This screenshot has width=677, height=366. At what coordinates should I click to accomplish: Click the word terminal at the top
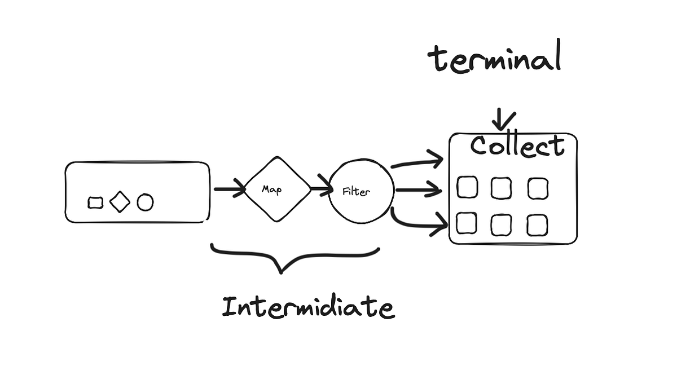(495, 58)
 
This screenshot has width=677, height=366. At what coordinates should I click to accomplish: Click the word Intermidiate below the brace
(307, 308)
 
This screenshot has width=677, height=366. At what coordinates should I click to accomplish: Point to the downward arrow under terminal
(503, 120)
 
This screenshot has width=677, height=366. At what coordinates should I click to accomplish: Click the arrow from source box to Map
(229, 189)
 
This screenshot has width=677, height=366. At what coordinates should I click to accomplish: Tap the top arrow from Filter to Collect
(417, 161)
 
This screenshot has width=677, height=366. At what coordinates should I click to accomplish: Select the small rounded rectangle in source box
(95, 202)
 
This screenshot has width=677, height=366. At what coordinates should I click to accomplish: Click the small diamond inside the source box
(120, 202)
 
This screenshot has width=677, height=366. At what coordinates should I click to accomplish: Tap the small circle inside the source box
(145, 202)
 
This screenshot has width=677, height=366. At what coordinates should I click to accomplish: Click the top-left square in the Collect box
(467, 187)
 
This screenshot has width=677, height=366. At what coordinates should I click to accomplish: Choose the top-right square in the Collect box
(538, 188)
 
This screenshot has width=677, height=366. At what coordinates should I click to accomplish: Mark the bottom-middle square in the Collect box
(501, 225)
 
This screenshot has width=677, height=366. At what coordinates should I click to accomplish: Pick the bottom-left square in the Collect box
(466, 223)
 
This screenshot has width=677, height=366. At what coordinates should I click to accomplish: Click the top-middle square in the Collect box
(501, 188)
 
